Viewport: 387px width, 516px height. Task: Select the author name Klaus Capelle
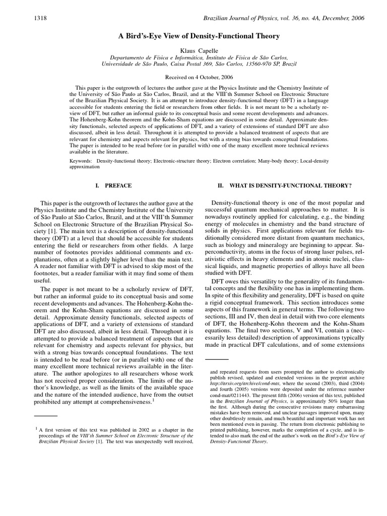[x=193, y=51]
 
